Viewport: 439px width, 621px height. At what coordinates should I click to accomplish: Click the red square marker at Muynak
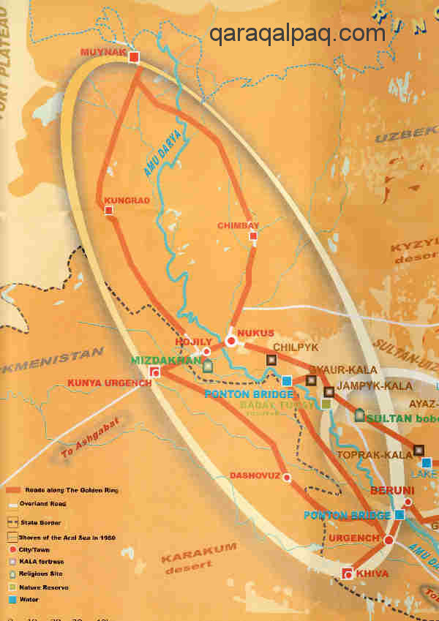[134, 56]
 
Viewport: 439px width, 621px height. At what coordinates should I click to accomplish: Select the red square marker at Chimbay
[253, 236]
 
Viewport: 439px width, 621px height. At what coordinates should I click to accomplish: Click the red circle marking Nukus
[231, 340]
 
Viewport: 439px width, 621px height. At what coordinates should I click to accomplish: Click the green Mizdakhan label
[168, 360]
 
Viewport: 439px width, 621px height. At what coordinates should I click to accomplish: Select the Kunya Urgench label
[109, 383]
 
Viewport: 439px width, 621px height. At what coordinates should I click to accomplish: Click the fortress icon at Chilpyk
[271, 360]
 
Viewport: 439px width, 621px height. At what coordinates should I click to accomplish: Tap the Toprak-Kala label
[365, 454]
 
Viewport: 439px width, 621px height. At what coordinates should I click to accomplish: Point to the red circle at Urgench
[389, 540]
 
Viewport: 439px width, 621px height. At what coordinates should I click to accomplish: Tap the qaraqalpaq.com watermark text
[297, 33]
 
